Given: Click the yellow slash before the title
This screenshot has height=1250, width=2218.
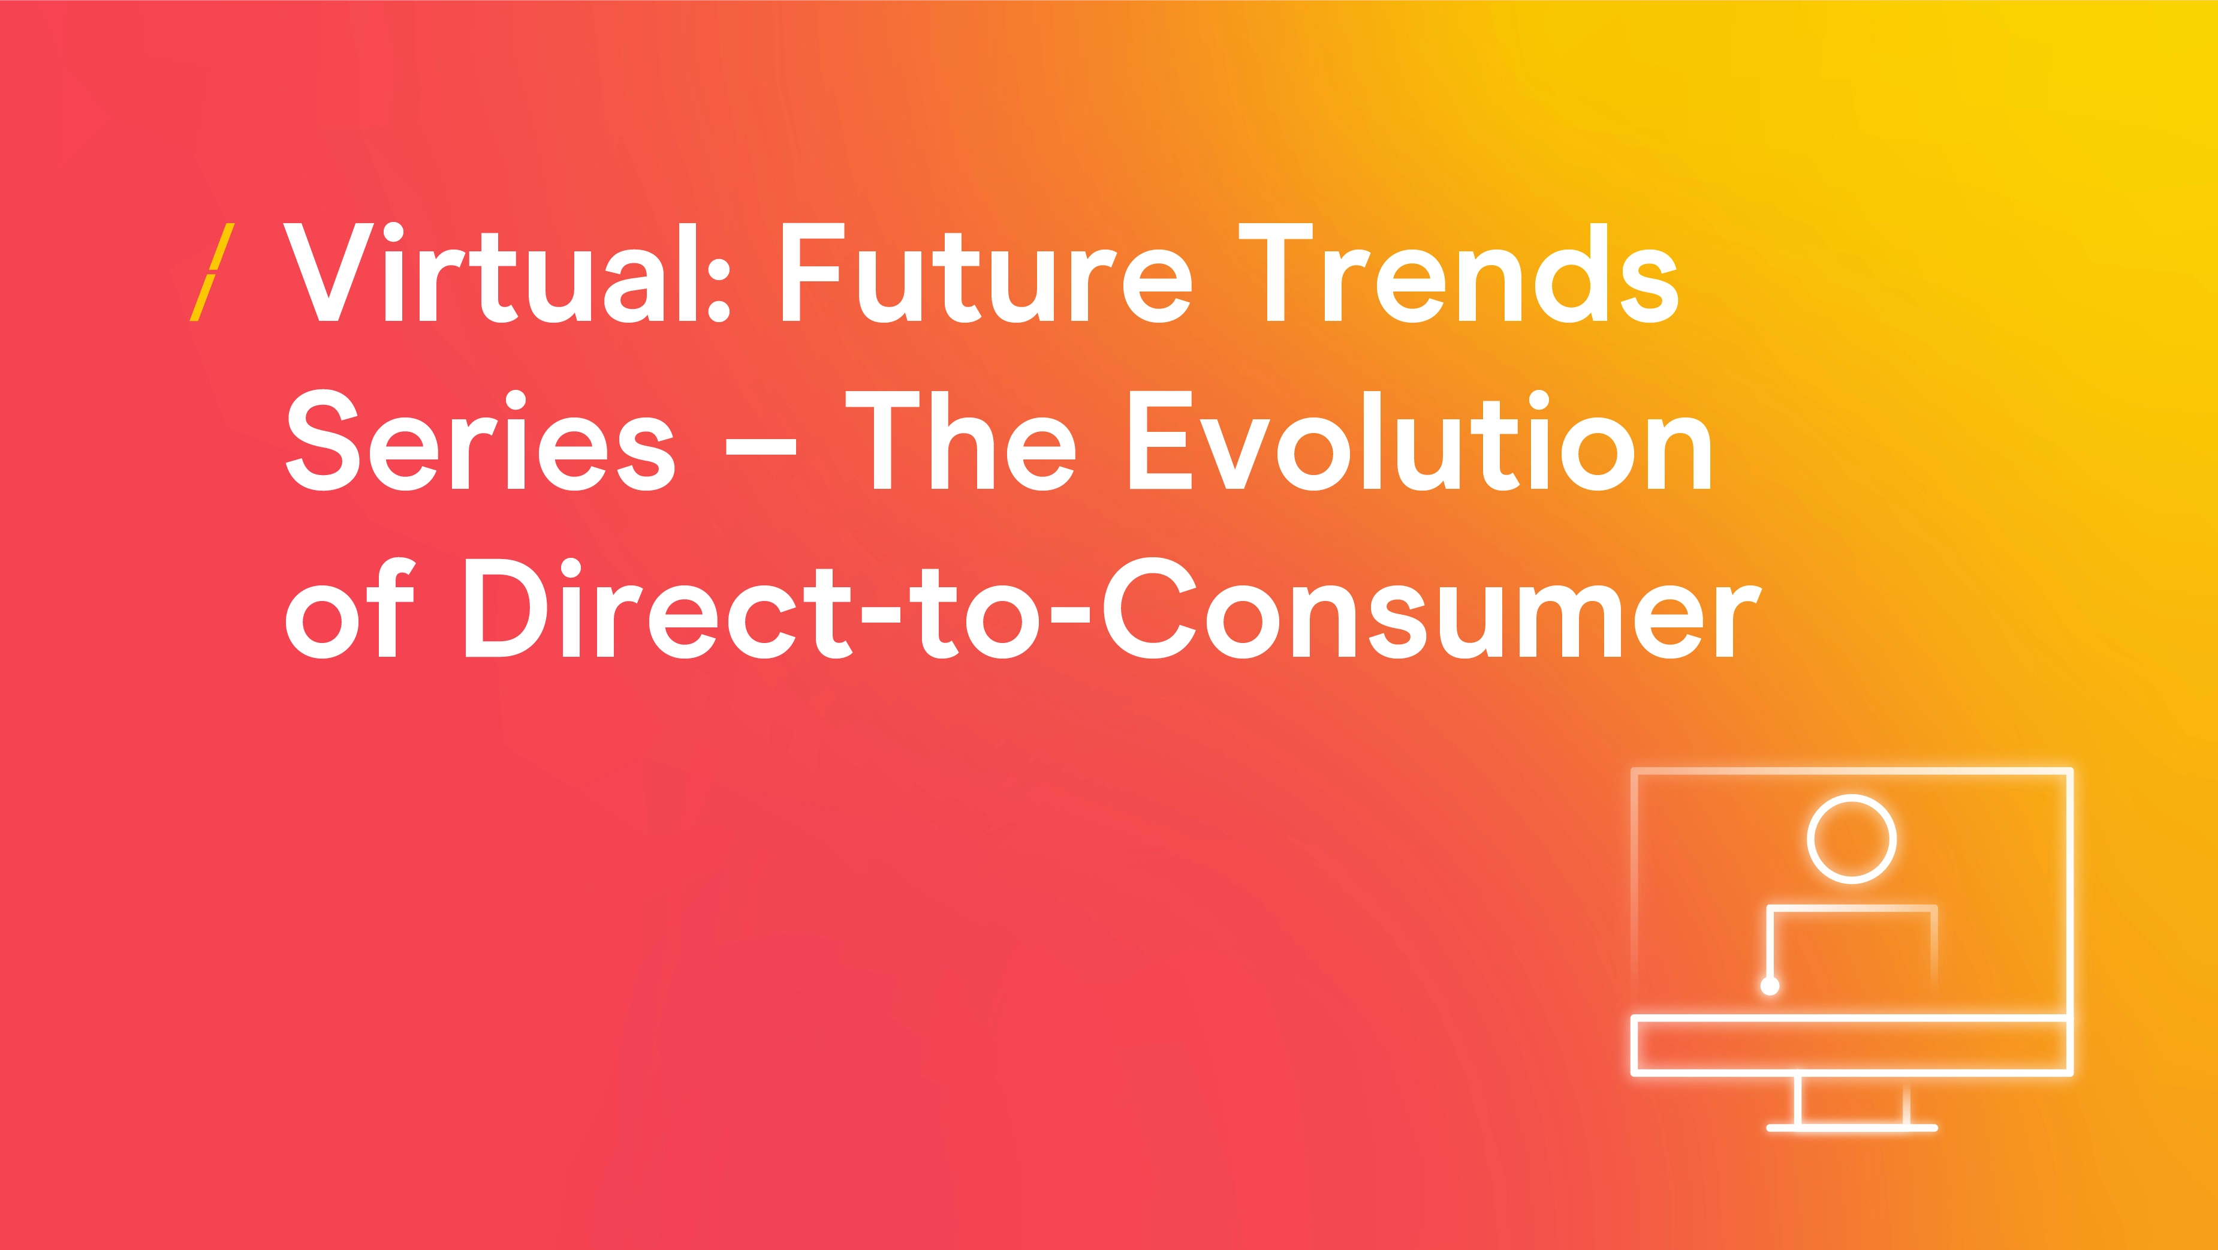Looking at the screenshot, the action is tap(212, 272).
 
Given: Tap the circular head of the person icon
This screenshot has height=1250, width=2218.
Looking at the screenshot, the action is tap(1851, 798).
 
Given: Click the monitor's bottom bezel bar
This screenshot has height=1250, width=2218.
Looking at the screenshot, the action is tap(1851, 1018).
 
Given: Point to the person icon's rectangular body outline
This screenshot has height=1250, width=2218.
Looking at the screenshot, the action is tap(1851, 907).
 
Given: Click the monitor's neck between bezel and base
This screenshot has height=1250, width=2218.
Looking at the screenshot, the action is tap(1797, 1101).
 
